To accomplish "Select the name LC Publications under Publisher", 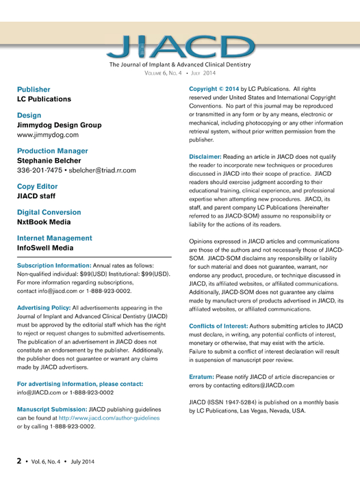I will point(44,99).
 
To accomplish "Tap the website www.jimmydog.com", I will point(48,135).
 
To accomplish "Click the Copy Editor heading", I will point(40,186).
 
